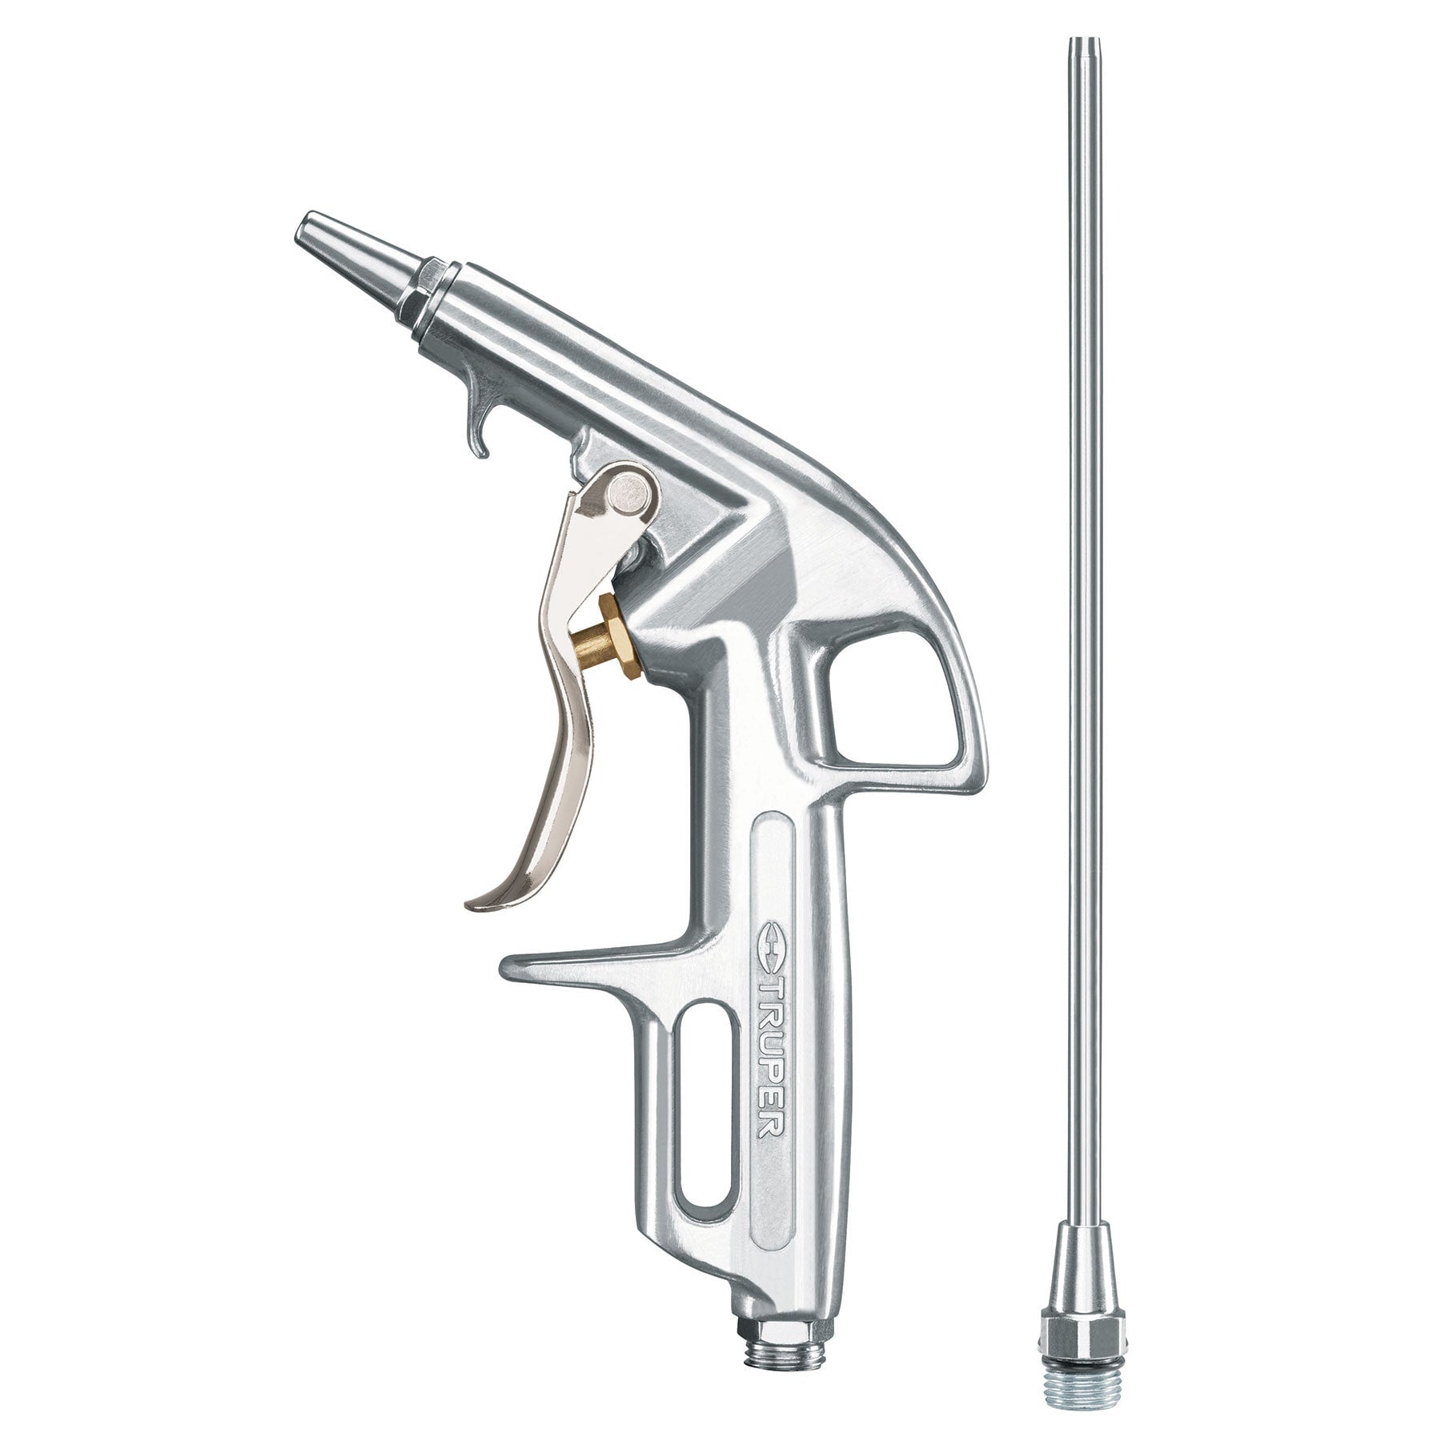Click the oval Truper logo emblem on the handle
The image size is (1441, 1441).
768,960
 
